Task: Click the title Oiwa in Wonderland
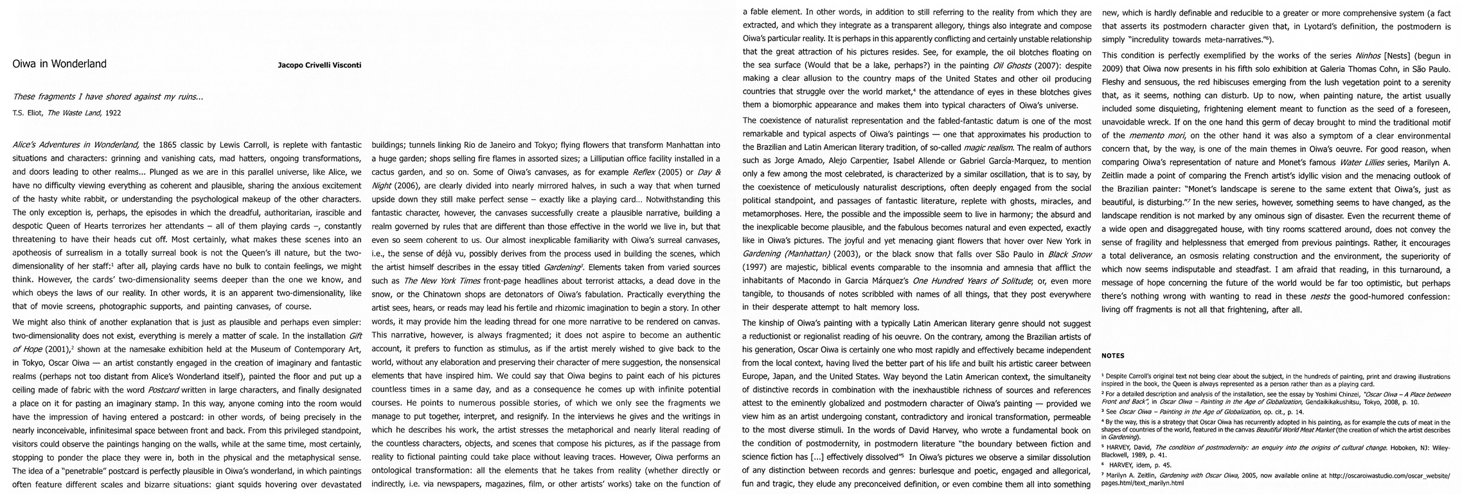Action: tap(60, 64)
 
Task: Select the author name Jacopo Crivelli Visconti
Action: tap(319, 66)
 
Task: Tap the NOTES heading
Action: tap(1113, 355)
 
